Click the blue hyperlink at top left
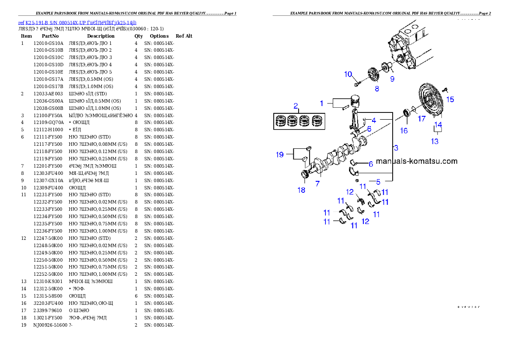(x=77, y=23)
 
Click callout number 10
(x=348, y=74)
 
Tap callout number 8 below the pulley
(x=377, y=89)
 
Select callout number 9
(x=392, y=79)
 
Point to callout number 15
(x=450, y=99)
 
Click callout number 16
(x=404, y=131)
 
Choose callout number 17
(x=422, y=119)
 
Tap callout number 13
(x=435, y=141)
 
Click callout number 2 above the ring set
(x=295, y=106)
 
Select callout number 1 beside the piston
(x=322, y=103)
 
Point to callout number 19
(x=280, y=154)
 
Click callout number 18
(x=302, y=190)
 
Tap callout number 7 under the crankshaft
(x=318, y=183)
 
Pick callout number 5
(x=378, y=182)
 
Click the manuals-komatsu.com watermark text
(x=417, y=161)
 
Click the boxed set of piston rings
(x=299, y=121)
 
